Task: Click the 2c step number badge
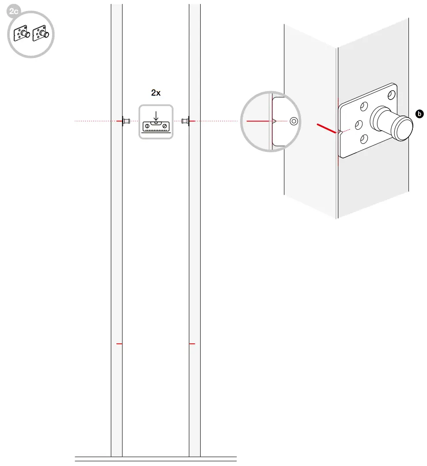click(14, 12)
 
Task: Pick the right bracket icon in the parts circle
click(40, 34)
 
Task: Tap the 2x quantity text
click(156, 93)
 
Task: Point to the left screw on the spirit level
click(146, 127)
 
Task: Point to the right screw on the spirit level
click(164, 127)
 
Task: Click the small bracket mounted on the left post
click(125, 120)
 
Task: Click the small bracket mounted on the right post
click(186, 120)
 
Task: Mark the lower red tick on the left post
click(118, 343)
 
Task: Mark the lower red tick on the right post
click(192, 343)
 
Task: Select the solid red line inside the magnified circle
click(257, 120)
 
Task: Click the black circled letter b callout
click(419, 114)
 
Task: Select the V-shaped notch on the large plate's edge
click(339, 131)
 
